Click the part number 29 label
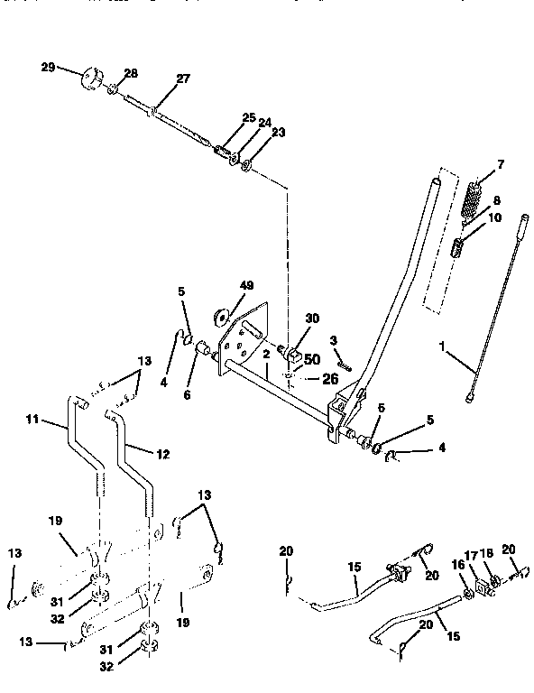(x=48, y=68)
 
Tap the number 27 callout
(x=183, y=79)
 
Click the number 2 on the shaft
(x=267, y=356)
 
